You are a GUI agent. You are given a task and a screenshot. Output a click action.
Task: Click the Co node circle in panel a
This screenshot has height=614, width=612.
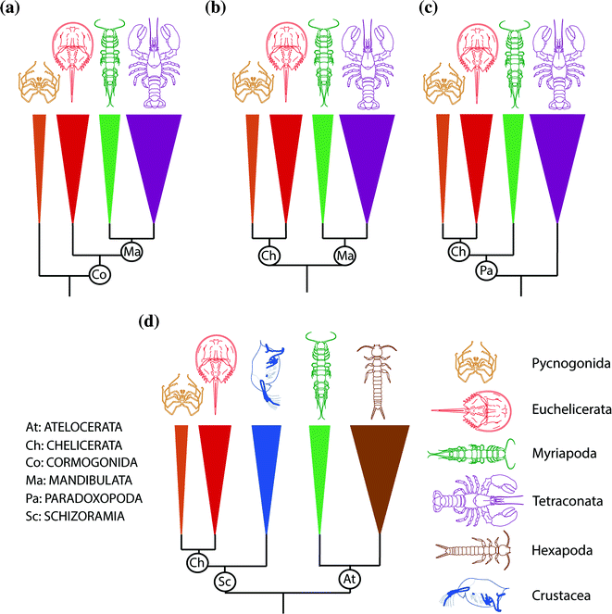click(x=100, y=274)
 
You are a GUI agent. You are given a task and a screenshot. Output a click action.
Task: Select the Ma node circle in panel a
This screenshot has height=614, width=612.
click(x=131, y=250)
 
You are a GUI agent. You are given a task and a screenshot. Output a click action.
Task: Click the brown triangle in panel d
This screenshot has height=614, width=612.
click(x=380, y=472)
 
